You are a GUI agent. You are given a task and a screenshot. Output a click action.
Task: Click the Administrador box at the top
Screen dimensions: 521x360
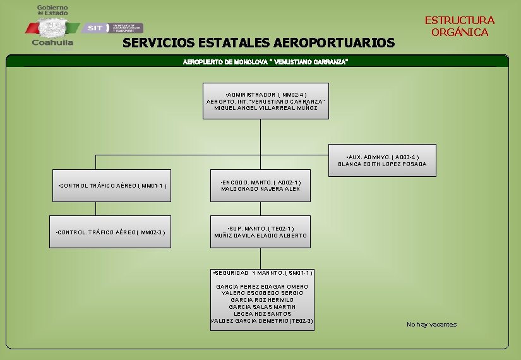(265, 101)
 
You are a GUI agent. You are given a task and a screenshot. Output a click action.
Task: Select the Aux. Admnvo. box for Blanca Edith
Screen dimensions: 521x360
(382, 160)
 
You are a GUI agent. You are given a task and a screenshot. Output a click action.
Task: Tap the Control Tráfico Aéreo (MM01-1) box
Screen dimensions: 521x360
(111, 186)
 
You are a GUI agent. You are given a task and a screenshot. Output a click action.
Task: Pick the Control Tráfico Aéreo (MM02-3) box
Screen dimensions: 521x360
(111, 232)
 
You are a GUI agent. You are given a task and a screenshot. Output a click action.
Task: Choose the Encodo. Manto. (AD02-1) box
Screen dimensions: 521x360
(260, 186)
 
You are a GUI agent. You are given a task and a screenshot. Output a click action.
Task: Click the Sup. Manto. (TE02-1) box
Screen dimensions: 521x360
(260, 232)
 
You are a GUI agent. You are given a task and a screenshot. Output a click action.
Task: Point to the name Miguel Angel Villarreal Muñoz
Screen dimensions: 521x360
(265, 108)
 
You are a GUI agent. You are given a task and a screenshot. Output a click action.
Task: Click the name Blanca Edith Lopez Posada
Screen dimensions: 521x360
(382, 164)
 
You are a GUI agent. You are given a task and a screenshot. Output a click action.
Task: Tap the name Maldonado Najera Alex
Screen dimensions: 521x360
(260, 189)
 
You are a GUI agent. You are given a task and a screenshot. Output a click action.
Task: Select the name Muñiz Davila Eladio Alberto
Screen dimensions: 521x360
(260, 236)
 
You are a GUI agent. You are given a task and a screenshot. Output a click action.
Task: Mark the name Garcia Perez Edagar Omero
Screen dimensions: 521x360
(262, 287)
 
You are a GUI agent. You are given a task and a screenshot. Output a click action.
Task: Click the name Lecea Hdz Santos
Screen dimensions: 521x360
(262, 314)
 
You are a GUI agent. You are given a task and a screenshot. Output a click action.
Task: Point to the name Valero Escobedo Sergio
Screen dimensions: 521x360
(262, 293)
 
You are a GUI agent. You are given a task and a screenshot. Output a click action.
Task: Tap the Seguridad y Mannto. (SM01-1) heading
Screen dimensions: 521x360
(262, 273)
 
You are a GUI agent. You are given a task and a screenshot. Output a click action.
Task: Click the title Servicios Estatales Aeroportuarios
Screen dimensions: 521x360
(258, 43)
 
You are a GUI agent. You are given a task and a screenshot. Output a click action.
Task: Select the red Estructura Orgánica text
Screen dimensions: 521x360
(459, 27)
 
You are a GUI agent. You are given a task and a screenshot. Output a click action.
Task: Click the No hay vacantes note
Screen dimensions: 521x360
(431, 325)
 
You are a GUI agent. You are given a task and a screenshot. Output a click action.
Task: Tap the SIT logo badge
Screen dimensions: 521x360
(95, 28)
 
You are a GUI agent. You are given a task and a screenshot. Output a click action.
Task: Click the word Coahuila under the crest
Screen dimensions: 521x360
(52, 44)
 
